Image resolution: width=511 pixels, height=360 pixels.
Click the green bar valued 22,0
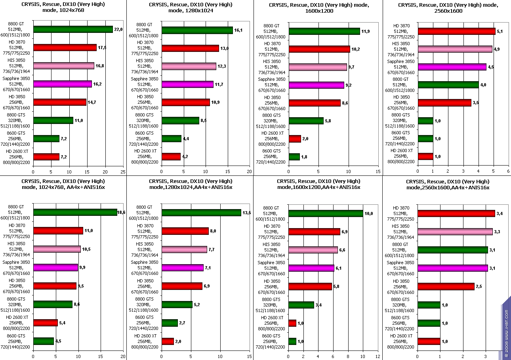[73, 29]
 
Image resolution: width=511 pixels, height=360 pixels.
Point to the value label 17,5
[102, 48]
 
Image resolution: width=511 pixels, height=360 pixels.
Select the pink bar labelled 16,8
[64, 66]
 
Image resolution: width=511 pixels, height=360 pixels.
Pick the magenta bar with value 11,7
[187, 84]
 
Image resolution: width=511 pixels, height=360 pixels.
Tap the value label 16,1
[238, 30]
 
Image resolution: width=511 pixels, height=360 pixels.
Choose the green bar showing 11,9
[324, 31]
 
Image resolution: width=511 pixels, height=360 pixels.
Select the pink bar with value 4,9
[455, 49]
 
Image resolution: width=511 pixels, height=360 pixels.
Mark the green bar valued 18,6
[75, 213]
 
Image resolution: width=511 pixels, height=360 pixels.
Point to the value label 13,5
[246, 213]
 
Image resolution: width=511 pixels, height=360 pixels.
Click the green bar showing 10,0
[326, 213]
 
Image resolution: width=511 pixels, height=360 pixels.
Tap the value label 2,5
[480, 286]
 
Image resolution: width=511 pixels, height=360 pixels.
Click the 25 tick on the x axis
[123, 171]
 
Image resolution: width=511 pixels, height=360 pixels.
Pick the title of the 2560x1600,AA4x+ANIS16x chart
[447, 184]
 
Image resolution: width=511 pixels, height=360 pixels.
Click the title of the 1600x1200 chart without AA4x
[318, 8]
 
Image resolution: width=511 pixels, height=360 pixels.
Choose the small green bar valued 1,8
[294, 157]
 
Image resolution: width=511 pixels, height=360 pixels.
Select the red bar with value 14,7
[60, 102]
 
